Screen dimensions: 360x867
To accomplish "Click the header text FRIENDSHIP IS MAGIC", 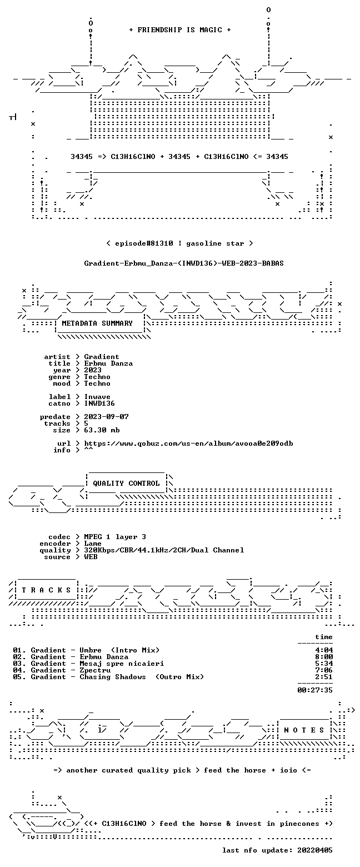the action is click(x=180, y=30).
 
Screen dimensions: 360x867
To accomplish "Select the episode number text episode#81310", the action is click(x=144, y=243).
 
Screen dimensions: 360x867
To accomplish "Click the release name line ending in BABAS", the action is click(x=184, y=263).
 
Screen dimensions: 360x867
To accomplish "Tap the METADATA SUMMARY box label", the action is click(x=97, y=323).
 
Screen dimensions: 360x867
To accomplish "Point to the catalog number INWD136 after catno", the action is click(x=99, y=403).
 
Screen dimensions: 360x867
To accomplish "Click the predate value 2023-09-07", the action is click(x=107, y=417).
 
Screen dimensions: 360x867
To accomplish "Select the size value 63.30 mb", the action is click(x=102, y=430).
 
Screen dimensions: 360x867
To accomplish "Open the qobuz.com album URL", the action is click(x=188, y=444).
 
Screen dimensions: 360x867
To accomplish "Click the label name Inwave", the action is click(x=97, y=397).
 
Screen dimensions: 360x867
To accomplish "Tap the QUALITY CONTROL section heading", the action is click(x=126, y=484).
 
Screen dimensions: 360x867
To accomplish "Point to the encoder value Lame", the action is click(x=93, y=544).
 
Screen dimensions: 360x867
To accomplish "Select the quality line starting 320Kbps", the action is click(x=164, y=550).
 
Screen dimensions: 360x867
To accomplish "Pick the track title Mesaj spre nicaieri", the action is click(x=122, y=664).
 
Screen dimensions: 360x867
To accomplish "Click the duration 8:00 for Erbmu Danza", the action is click(x=324, y=657).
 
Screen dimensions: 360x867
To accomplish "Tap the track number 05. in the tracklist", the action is click(x=19, y=677).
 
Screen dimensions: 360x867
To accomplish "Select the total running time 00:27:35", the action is click(x=315, y=690).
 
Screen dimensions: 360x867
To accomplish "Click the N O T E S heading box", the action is click(x=304, y=730).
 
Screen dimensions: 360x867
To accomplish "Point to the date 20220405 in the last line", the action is click(x=315, y=850).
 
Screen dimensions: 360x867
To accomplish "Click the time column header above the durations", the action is click(x=324, y=637).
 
